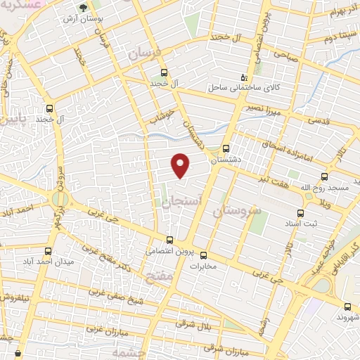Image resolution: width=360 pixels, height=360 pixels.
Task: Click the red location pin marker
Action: [x=181, y=165]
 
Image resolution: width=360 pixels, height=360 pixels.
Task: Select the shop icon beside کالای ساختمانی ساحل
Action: [x=244, y=77]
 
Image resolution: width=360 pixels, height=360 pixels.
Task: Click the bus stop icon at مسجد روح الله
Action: [x=324, y=176]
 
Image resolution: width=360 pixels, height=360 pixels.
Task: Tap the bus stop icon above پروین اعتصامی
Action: [x=169, y=240]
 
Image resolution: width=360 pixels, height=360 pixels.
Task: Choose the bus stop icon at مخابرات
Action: [x=204, y=255]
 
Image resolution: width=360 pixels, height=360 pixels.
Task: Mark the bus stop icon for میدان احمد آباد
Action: [x=49, y=251]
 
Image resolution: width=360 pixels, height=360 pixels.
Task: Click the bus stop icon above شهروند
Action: [x=347, y=306]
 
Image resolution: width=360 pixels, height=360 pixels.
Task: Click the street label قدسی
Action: [x=309, y=121]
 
